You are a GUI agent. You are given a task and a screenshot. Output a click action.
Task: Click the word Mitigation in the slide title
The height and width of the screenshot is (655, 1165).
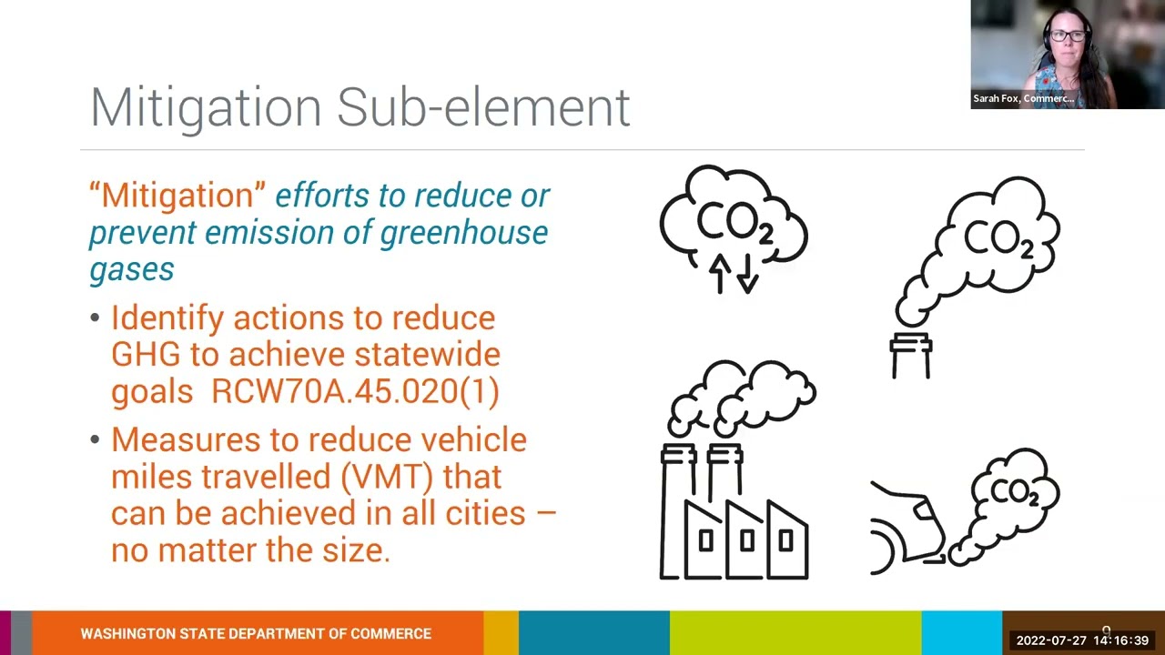206,107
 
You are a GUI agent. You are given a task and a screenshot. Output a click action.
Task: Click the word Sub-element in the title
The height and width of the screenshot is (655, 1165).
483,107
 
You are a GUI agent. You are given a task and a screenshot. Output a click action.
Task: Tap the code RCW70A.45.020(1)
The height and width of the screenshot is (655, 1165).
355,390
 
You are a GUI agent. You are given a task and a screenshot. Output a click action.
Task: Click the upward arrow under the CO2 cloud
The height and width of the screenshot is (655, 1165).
720,273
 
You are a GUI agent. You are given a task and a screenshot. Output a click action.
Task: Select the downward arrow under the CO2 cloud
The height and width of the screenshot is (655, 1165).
746,273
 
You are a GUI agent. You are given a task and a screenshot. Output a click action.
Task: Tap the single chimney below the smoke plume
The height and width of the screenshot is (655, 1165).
911,357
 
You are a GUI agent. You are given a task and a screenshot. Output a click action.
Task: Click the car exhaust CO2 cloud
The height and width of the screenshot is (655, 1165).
1012,494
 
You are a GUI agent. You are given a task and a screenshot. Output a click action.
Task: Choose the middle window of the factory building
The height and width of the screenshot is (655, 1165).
747,542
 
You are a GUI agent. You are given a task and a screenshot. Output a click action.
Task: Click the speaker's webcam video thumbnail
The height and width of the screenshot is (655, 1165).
1067,55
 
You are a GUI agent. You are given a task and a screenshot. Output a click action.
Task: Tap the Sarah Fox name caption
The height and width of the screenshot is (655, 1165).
1023,98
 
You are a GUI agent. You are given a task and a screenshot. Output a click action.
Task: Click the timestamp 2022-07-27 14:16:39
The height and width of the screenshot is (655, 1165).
1082,640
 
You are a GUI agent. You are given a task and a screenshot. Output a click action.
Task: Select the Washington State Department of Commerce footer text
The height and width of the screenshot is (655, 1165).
256,633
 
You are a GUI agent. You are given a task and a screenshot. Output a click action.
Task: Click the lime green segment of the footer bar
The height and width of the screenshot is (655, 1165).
795,633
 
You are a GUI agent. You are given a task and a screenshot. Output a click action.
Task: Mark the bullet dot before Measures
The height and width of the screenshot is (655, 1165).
96,440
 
